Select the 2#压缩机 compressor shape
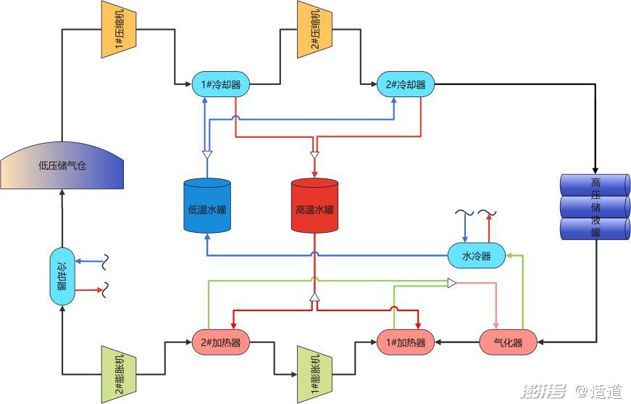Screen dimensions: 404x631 point(314,29)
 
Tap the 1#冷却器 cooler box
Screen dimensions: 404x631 point(220,85)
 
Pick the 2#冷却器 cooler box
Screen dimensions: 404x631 point(405,85)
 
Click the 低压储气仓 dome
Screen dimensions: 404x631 point(62,165)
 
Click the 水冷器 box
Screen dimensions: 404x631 point(476,255)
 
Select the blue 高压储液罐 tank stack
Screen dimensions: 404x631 point(596,207)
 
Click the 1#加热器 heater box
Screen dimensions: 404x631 point(405,342)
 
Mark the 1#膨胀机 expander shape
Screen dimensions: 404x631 point(314,374)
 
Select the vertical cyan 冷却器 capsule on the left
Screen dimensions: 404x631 point(62,276)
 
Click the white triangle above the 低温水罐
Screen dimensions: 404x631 point(207,154)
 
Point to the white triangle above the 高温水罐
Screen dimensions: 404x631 point(314,154)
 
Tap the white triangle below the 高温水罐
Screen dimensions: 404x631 point(314,297)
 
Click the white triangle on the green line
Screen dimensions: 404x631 point(451,283)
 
